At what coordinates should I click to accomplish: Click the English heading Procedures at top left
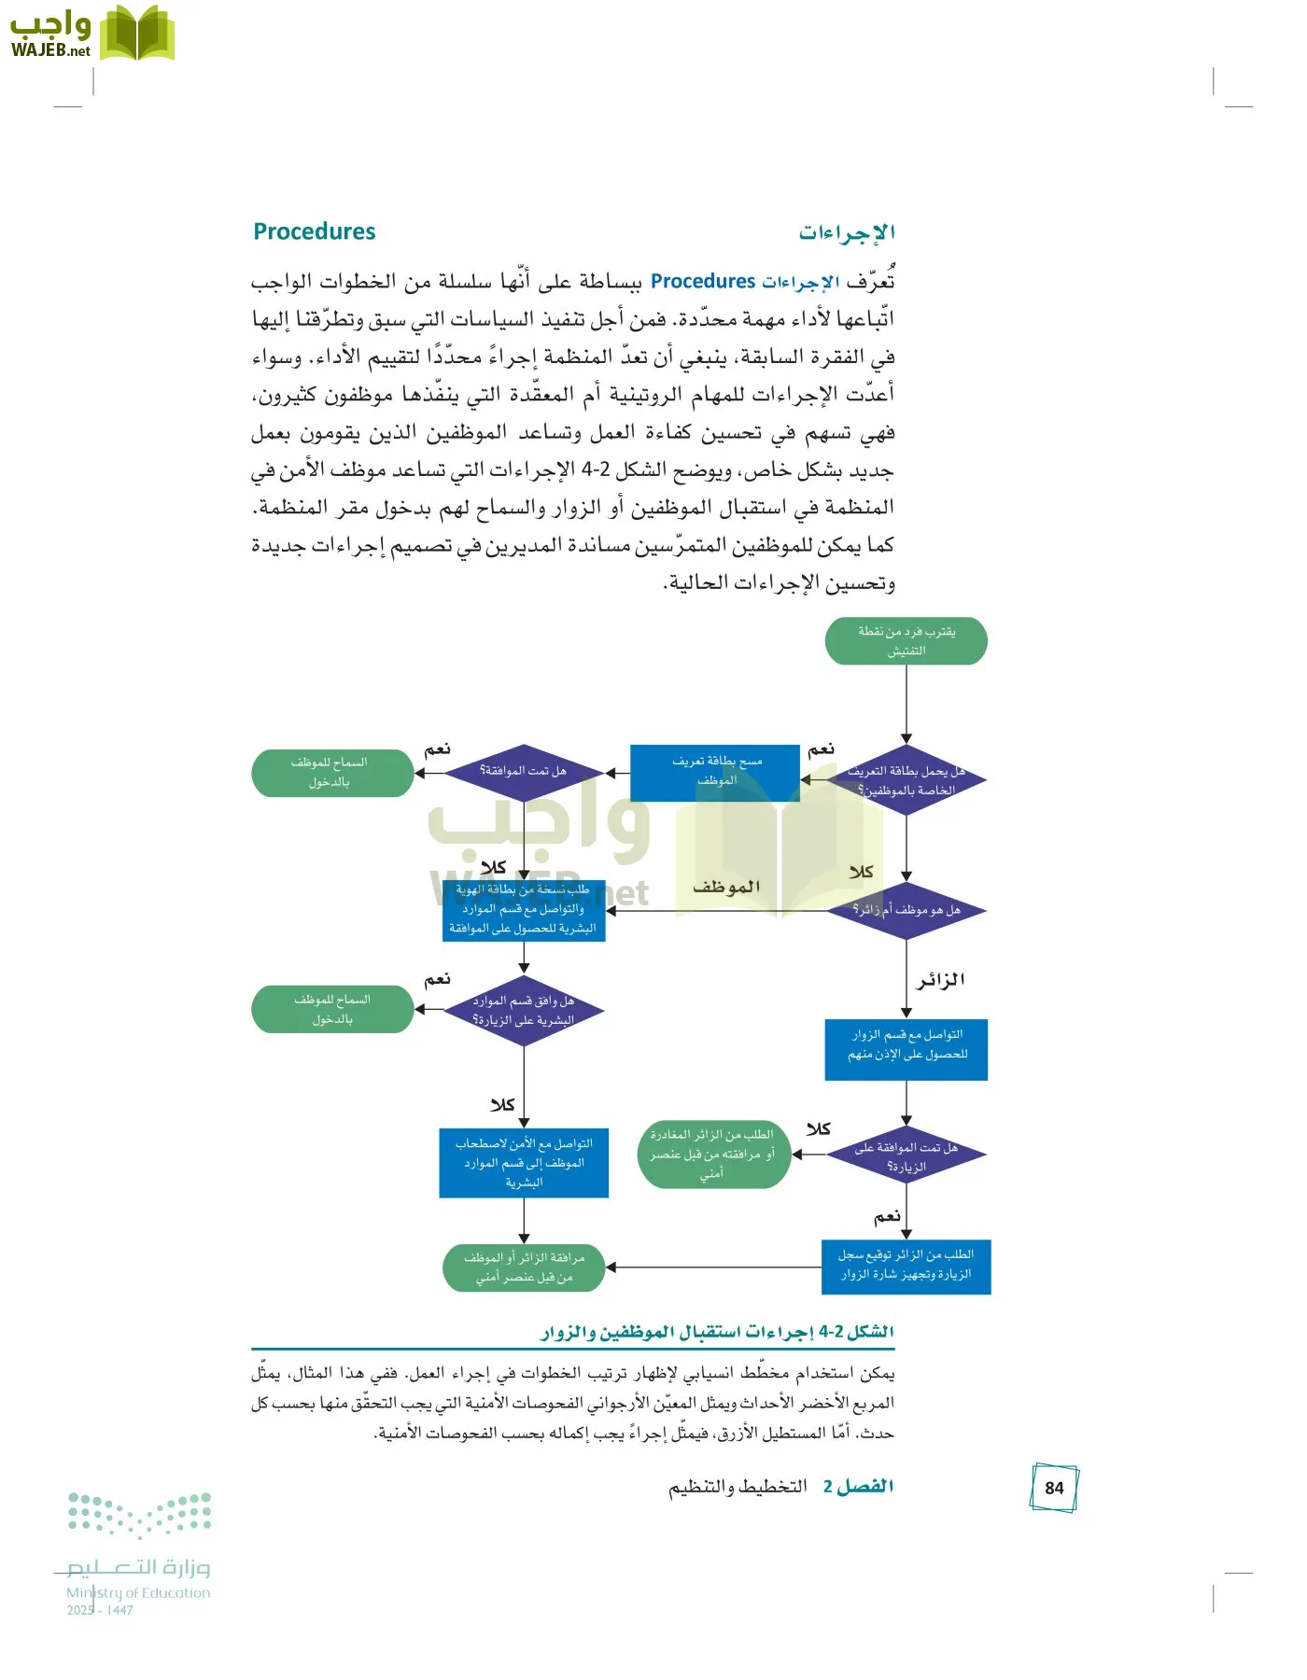click(x=314, y=231)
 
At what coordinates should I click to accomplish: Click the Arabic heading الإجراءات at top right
click(x=846, y=232)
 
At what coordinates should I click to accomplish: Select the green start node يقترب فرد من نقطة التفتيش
click(x=906, y=641)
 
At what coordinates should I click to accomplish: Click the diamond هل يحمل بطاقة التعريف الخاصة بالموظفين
click(x=906, y=780)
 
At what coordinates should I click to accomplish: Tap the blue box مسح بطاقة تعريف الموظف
click(x=715, y=772)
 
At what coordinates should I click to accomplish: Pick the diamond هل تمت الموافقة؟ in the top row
click(x=524, y=772)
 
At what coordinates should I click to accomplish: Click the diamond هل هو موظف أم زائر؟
click(x=906, y=910)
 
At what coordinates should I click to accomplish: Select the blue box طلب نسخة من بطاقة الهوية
click(x=524, y=910)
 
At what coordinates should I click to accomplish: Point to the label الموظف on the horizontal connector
click(x=725, y=887)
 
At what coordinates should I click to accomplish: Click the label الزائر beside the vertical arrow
click(x=940, y=980)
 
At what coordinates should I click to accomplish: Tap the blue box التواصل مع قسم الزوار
click(x=906, y=1049)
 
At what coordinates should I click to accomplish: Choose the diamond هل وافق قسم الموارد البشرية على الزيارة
click(x=524, y=1011)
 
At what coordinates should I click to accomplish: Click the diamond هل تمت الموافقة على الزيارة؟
click(x=906, y=1155)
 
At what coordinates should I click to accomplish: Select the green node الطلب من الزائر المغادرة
click(x=713, y=1155)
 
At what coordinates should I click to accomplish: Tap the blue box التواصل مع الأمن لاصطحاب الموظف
click(x=524, y=1163)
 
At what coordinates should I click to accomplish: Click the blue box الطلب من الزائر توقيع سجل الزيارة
click(x=906, y=1267)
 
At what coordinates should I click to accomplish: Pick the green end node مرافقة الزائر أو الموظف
click(x=524, y=1267)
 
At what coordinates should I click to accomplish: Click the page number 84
click(x=1054, y=1488)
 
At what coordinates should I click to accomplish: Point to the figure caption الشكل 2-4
click(x=717, y=1332)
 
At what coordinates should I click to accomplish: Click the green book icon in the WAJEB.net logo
click(x=137, y=35)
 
